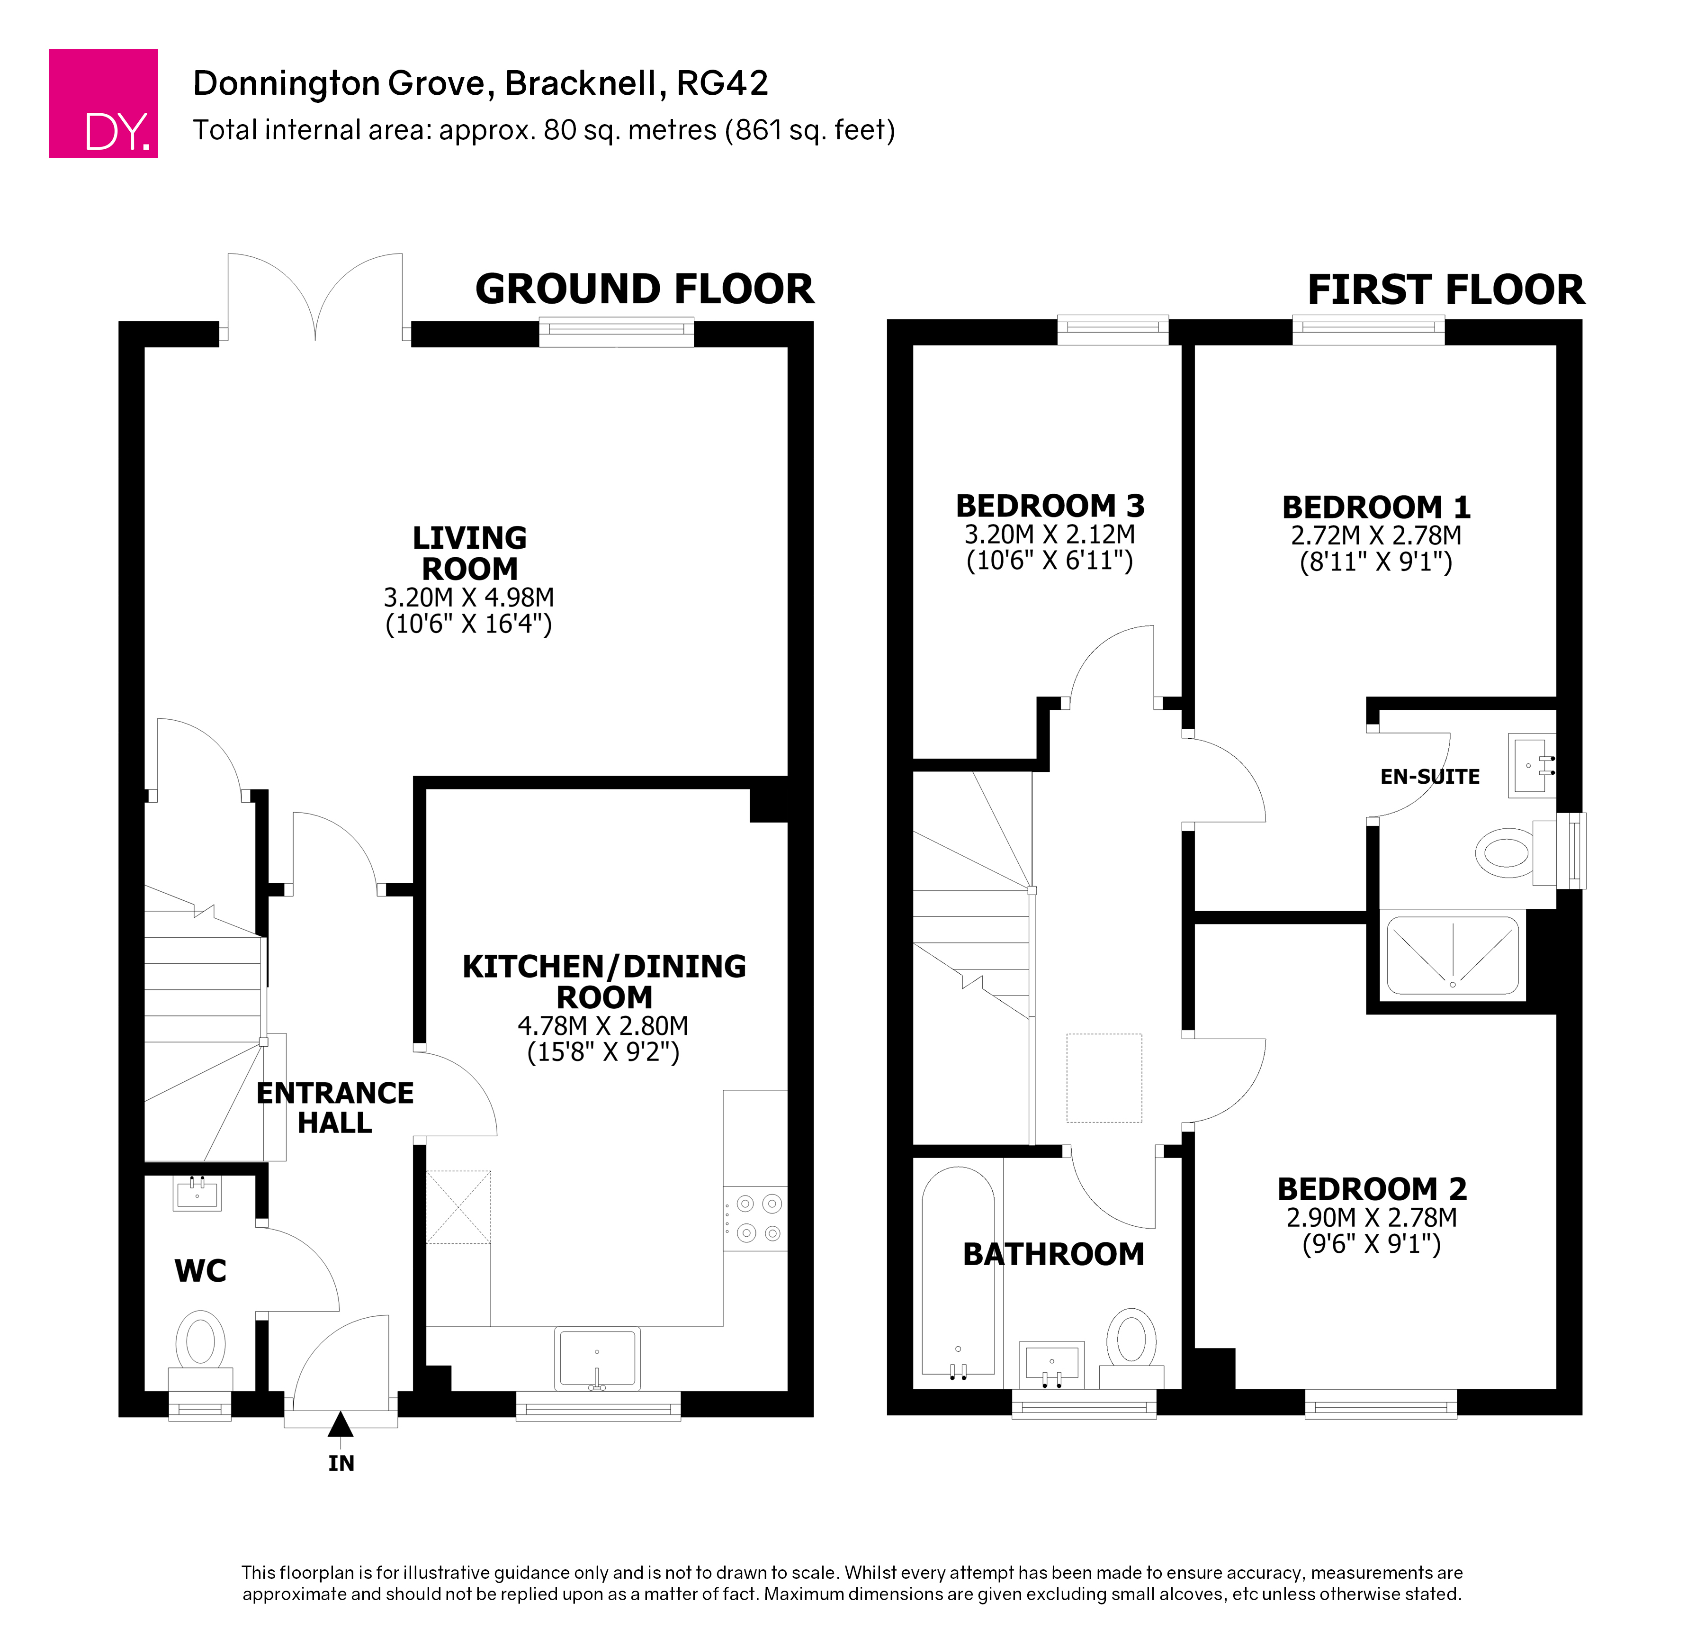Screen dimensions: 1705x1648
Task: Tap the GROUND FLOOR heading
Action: pyautogui.click(x=645, y=289)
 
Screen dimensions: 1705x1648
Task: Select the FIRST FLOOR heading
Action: pyautogui.click(x=1446, y=290)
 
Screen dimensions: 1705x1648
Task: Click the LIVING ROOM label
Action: pyautogui.click(x=470, y=553)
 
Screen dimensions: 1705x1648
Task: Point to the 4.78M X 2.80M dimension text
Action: pyautogui.click(x=603, y=1026)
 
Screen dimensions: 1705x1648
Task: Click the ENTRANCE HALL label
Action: pyautogui.click(x=335, y=1108)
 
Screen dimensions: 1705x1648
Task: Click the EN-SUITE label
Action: pyautogui.click(x=1430, y=777)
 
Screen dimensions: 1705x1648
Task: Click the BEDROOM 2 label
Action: pyautogui.click(x=1372, y=1188)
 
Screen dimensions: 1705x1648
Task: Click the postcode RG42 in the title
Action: pyautogui.click(x=723, y=83)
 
